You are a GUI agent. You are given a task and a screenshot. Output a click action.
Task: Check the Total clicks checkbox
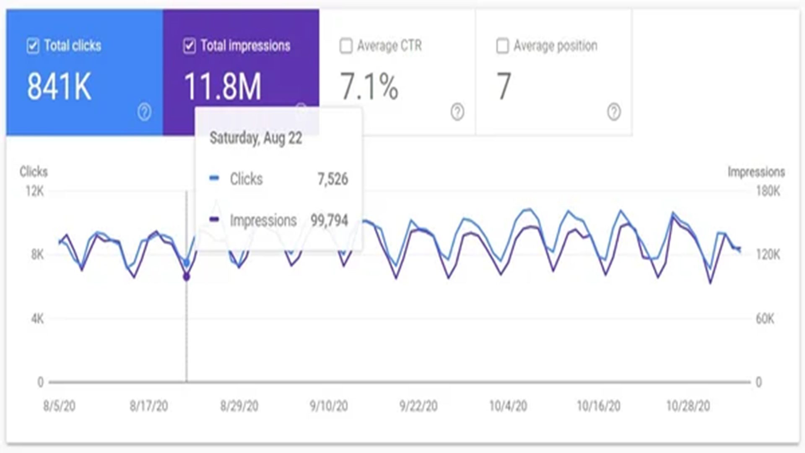[x=33, y=46]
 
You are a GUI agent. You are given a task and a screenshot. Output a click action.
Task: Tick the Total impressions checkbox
[x=190, y=46]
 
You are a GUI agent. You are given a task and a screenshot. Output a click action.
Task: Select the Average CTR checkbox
[x=346, y=46]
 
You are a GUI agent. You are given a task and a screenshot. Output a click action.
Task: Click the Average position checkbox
[x=502, y=46]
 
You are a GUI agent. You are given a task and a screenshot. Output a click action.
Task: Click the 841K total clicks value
[x=59, y=86]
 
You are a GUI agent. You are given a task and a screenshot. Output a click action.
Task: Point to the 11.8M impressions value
[x=223, y=86]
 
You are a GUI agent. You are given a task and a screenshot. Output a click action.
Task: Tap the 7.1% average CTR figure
[x=369, y=86]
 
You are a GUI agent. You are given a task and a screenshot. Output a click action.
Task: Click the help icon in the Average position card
[x=614, y=112]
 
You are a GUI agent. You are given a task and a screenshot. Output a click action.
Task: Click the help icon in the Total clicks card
[x=144, y=112]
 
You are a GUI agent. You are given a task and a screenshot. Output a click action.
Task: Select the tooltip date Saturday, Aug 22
[x=256, y=138]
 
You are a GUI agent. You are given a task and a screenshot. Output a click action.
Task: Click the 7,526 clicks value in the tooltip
[x=332, y=179]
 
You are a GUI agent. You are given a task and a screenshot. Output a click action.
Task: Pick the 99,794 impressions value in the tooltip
[x=329, y=220]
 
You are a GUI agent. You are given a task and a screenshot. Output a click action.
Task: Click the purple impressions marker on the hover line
[x=187, y=277]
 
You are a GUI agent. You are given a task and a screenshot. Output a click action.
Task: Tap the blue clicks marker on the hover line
[x=187, y=263]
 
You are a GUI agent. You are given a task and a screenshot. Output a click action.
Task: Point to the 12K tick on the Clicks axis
[x=34, y=192]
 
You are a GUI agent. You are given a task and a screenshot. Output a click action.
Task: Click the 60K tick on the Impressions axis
[x=765, y=319]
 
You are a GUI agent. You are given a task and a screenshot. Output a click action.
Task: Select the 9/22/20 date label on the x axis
[x=418, y=406]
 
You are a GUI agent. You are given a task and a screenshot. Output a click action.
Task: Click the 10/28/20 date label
[x=688, y=406]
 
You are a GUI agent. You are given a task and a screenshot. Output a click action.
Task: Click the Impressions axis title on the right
[x=756, y=172]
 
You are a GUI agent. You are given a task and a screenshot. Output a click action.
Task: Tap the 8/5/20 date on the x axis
[x=60, y=406]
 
